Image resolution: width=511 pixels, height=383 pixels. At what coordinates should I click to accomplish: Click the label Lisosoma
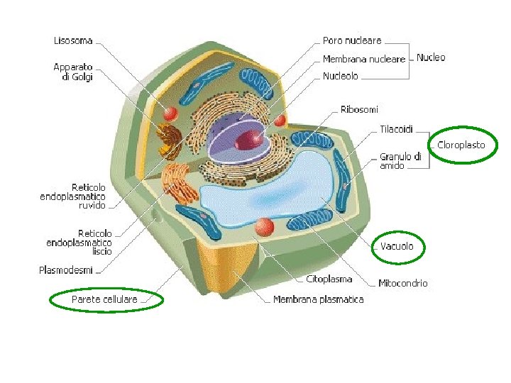click(74, 41)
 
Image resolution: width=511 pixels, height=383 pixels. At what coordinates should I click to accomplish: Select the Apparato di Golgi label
click(73, 72)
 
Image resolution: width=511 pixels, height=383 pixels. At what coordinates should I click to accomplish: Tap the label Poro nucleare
click(352, 41)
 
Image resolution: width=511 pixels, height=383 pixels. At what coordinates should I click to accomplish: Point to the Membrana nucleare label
click(364, 59)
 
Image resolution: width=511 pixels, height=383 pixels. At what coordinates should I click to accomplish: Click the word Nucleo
click(431, 57)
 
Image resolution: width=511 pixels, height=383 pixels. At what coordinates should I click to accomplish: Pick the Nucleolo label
click(341, 76)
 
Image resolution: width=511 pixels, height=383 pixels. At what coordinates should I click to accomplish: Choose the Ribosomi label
click(359, 110)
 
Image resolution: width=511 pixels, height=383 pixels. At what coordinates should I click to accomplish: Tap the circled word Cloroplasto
click(461, 145)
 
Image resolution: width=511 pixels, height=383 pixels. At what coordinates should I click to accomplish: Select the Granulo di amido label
click(401, 161)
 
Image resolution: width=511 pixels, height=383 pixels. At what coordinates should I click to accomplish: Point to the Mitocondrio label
click(403, 283)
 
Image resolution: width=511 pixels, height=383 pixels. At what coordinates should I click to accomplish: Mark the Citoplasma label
click(329, 279)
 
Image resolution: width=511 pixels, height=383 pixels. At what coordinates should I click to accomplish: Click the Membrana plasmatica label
click(319, 299)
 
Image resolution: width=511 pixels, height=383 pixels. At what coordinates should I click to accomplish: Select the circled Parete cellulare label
click(104, 300)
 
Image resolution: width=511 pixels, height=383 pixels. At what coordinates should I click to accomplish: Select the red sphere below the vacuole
click(265, 227)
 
